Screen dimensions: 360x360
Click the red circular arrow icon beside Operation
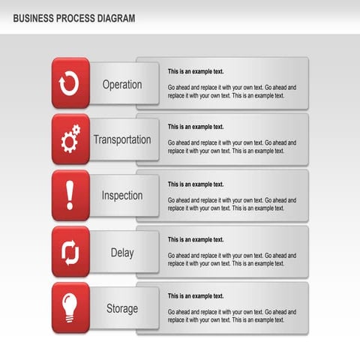click(70, 83)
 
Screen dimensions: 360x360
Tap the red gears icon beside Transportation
click(70, 139)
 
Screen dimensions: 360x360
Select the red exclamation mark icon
click(70, 195)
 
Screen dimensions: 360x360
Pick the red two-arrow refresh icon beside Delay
click(70, 252)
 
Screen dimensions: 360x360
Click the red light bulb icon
click(70, 307)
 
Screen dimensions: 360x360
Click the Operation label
click(122, 84)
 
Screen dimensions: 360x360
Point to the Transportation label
click(122, 139)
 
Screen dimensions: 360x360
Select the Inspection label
click(122, 196)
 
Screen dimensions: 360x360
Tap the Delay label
click(122, 253)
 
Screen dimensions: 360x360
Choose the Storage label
click(122, 308)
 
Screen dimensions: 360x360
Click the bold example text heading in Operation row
click(196, 71)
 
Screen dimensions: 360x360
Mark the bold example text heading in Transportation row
click(196, 127)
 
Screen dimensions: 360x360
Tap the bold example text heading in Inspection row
click(196, 184)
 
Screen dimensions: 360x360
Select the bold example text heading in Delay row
click(196, 239)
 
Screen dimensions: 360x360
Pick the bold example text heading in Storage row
click(196, 295)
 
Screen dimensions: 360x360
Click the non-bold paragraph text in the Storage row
click(232, 316)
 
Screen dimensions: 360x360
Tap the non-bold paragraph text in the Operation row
click(232, 91)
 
